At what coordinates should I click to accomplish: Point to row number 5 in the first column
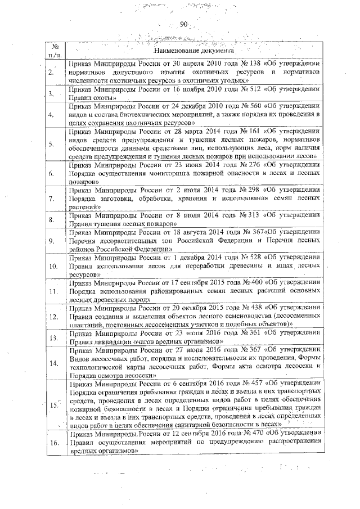51,143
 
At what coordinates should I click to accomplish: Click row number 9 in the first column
51,241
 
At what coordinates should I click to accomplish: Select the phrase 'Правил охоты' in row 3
86,98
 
